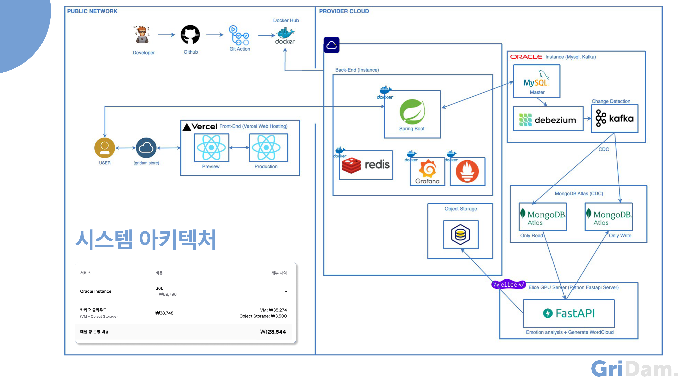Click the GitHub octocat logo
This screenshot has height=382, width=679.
[x=190, y=34]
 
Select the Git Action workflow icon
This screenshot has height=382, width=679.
[x=239, y=35]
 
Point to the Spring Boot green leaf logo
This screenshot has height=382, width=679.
[x=412, y=111]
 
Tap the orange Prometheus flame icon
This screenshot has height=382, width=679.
[x=467, y=171]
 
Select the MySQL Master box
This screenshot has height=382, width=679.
[x=537, y=81]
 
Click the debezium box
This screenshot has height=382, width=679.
[x=548, y=118]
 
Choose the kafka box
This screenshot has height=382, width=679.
[x=615, y=118]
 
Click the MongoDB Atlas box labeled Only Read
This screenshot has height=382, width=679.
[x=543, y=217]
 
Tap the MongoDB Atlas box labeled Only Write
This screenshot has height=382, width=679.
[x=609, y=217]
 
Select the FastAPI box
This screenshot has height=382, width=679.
[x=569, y=313]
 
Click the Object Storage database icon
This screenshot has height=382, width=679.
[x=460, y=234]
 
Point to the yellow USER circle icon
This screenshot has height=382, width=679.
[x=105, y=148]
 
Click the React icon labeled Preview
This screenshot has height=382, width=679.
[x=211, y=148]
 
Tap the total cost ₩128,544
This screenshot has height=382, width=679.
[x=273, y=332]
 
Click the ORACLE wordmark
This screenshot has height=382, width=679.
[x=526, y=57]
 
